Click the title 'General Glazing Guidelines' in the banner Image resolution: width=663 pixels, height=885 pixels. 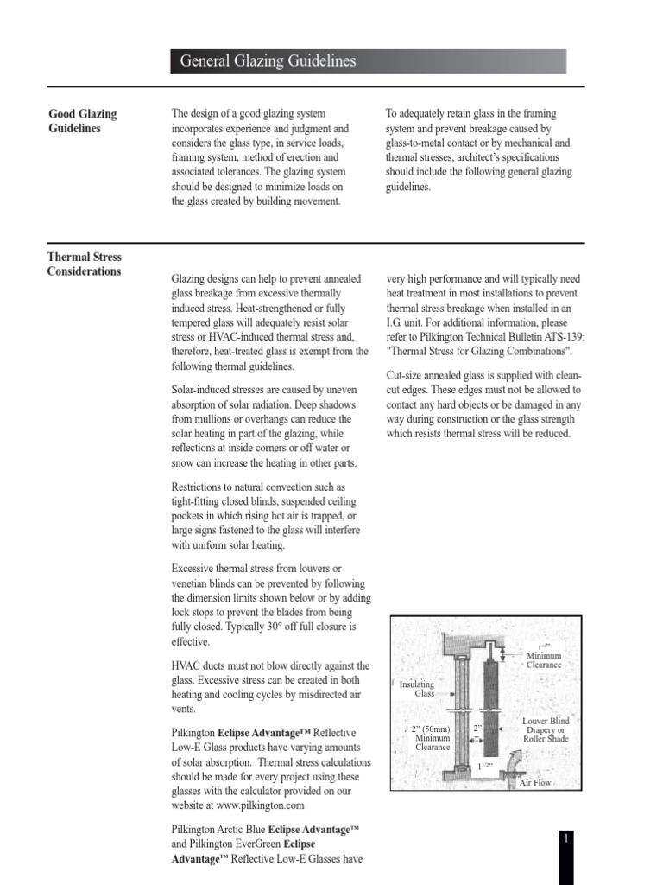(268, 61)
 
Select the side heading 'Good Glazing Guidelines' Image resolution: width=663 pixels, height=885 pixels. (82, 121)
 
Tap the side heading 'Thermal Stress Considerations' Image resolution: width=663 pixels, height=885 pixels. (85, 264)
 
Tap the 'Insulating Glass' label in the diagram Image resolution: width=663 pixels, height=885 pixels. (416, 688)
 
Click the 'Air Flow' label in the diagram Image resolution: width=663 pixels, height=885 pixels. (533, 782)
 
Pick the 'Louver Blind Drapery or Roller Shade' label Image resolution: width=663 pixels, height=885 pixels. (546, 730)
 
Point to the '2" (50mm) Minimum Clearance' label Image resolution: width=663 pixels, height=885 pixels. (433, 737)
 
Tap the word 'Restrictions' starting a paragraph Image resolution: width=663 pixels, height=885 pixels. (199, 487)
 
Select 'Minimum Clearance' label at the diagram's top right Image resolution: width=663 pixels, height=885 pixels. (544, 660)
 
